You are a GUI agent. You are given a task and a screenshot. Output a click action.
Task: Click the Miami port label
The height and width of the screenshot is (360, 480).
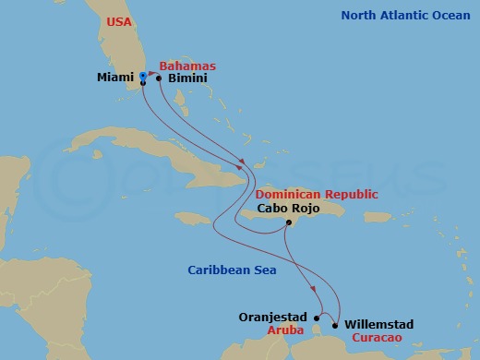114,78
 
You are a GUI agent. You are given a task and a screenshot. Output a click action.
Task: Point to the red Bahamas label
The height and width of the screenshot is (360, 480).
187,66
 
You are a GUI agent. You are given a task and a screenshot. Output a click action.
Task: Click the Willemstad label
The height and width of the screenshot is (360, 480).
378,324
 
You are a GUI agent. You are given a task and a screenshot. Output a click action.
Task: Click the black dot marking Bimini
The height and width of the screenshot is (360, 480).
159,78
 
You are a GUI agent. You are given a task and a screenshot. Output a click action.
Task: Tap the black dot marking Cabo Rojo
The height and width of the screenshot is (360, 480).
288,222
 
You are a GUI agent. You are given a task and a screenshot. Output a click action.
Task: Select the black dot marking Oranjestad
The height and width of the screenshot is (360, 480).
318,318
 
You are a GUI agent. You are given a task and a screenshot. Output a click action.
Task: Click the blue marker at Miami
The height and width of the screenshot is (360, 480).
143,78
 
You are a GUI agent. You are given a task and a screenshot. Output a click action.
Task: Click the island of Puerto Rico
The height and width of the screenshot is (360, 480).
378,217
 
